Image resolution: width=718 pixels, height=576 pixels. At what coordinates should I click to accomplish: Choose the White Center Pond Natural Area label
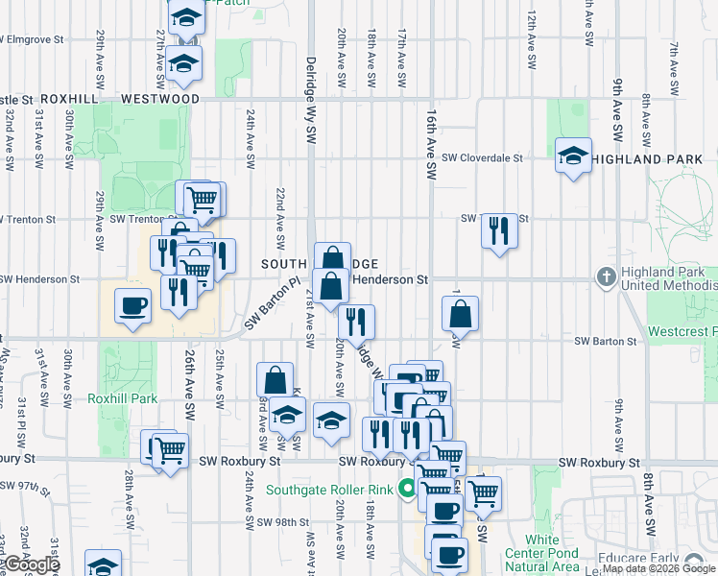click(x=541, y=554)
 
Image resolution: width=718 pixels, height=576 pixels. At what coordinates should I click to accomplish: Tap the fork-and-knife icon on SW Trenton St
click(x=498, y=230)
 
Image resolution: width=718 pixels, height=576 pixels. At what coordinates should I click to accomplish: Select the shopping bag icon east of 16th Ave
click(x=460, y=314)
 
